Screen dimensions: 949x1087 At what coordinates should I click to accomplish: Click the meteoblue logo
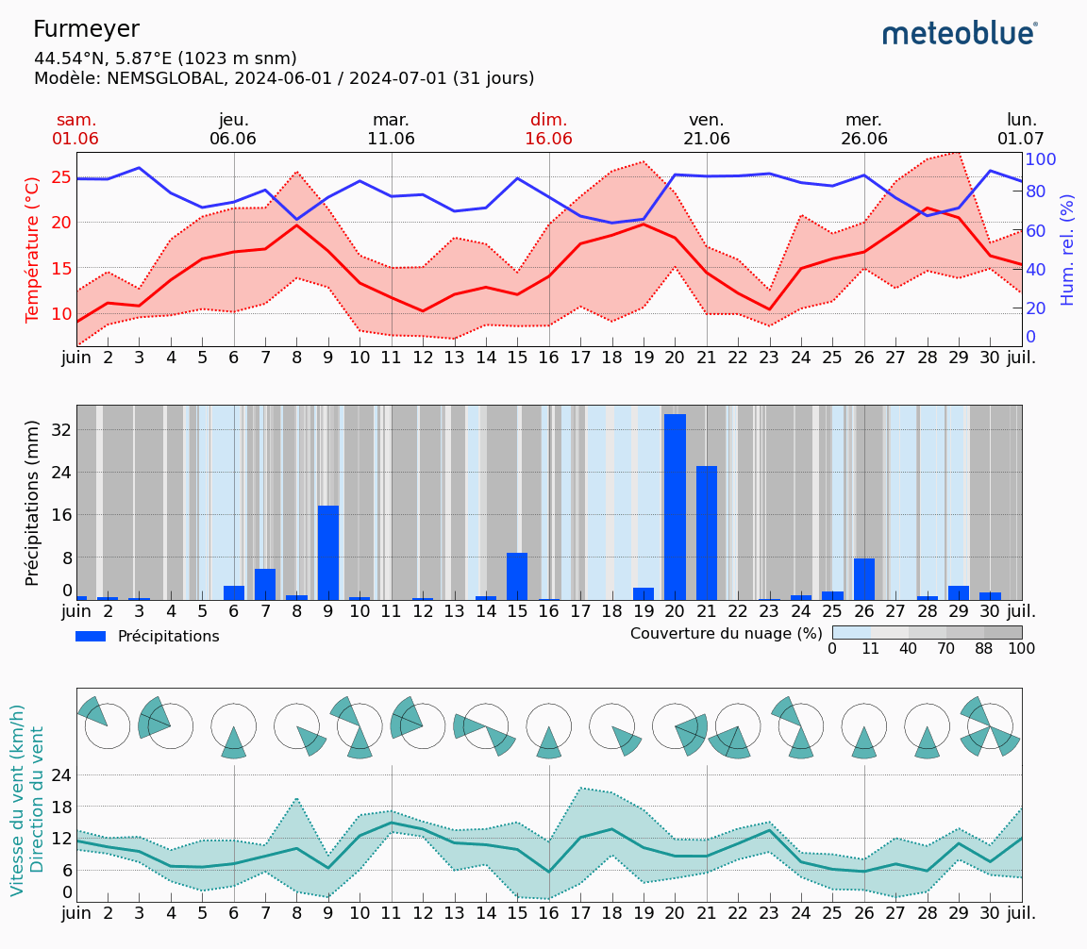tap(960, 34)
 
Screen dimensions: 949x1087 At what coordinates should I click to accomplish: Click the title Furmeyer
tap(86, 30)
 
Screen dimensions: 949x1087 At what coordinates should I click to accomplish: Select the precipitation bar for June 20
tap(675, 507)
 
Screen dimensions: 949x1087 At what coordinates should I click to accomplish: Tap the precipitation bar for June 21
tap(707, 533)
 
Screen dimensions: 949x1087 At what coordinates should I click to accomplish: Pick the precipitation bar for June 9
tap(328, 553)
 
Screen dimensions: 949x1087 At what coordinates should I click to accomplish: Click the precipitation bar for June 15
tap(517, 576)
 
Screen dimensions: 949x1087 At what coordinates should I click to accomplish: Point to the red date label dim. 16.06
tap(548, 129)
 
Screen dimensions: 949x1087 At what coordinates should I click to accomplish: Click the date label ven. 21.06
tap(706, 129)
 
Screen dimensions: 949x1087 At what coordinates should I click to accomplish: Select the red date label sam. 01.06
tap(75, 129)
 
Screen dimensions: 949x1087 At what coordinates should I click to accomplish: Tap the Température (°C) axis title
tap(33, 249)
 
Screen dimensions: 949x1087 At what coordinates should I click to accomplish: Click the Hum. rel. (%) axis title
tap(1067, 249)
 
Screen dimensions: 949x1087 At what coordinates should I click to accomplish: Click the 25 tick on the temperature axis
tap(61, 177)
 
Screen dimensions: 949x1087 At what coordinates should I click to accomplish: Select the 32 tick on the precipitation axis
tap(60, 429)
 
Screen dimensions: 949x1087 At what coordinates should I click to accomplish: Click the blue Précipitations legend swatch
tap(91, 637)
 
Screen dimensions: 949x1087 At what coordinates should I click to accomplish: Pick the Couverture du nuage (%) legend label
tap(727, 633)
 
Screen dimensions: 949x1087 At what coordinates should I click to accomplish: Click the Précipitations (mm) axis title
tap(33, 503)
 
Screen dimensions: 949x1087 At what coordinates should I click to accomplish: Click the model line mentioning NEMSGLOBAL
tap(284, 78)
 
